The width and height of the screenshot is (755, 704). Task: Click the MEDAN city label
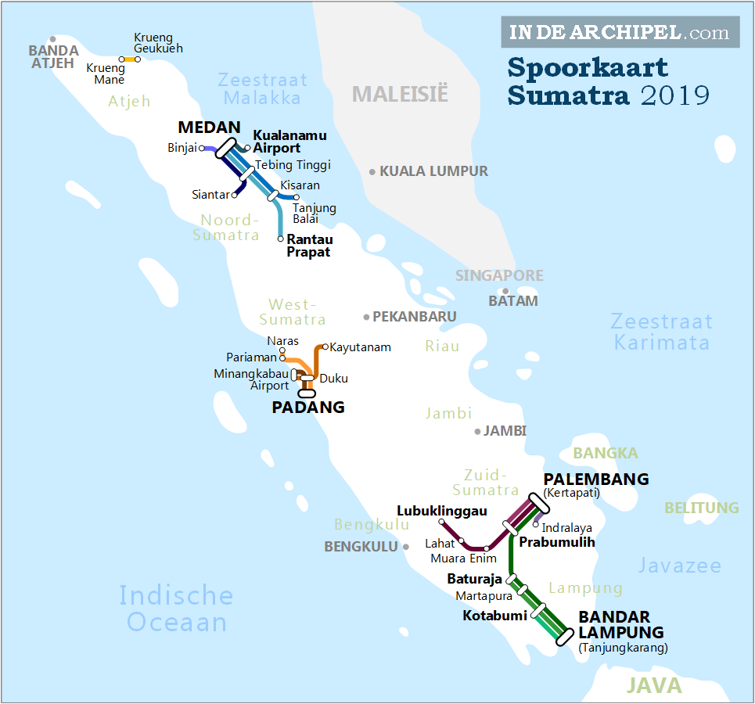coord(209,128)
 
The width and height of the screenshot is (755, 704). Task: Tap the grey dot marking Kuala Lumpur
coord(372,171)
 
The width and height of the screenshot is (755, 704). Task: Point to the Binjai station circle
coord(202,147)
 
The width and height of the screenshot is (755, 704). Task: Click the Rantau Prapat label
coord(309,246)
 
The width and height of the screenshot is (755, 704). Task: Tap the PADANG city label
coord(307,407)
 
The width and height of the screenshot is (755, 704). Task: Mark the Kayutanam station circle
coord(326,347)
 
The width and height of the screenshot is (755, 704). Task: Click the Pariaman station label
coord(251,357)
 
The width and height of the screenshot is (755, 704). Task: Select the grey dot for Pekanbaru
coord(366,317)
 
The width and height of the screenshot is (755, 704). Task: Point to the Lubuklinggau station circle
coord(442,522)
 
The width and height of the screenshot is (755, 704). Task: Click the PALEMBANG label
coord(596,480)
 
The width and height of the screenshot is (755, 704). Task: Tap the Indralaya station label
coord(566,528)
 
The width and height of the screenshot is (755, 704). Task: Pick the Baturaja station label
coord(474,580)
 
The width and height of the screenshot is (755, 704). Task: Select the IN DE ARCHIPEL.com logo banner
coord(620,32)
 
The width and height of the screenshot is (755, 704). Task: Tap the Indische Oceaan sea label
coord(176,609)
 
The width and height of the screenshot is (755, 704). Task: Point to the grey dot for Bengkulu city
coord(407,547)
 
